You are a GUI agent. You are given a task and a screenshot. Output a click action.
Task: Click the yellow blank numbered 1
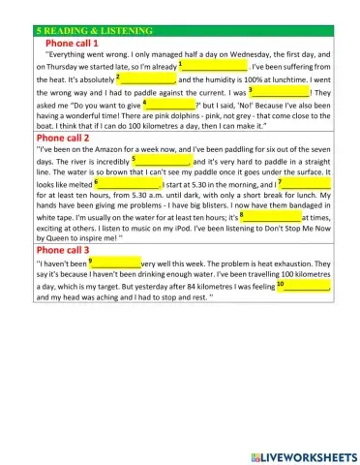click(x=216, y=66)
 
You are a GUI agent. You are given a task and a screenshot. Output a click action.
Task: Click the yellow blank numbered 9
click(x=117, y=263)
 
